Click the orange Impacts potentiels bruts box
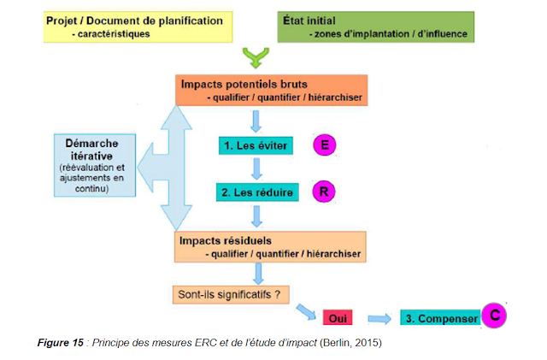(273, 91)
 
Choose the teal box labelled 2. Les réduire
(256, 193)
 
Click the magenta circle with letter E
(324, 145)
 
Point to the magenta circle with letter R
(324, 192)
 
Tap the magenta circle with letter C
(493, 316)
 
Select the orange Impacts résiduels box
(269, 246)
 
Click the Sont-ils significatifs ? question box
(231, 295)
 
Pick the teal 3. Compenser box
(439, 318)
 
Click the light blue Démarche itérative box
(90, 163)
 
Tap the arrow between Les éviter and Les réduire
(256, 169)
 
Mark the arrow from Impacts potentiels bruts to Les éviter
(256, 119)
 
